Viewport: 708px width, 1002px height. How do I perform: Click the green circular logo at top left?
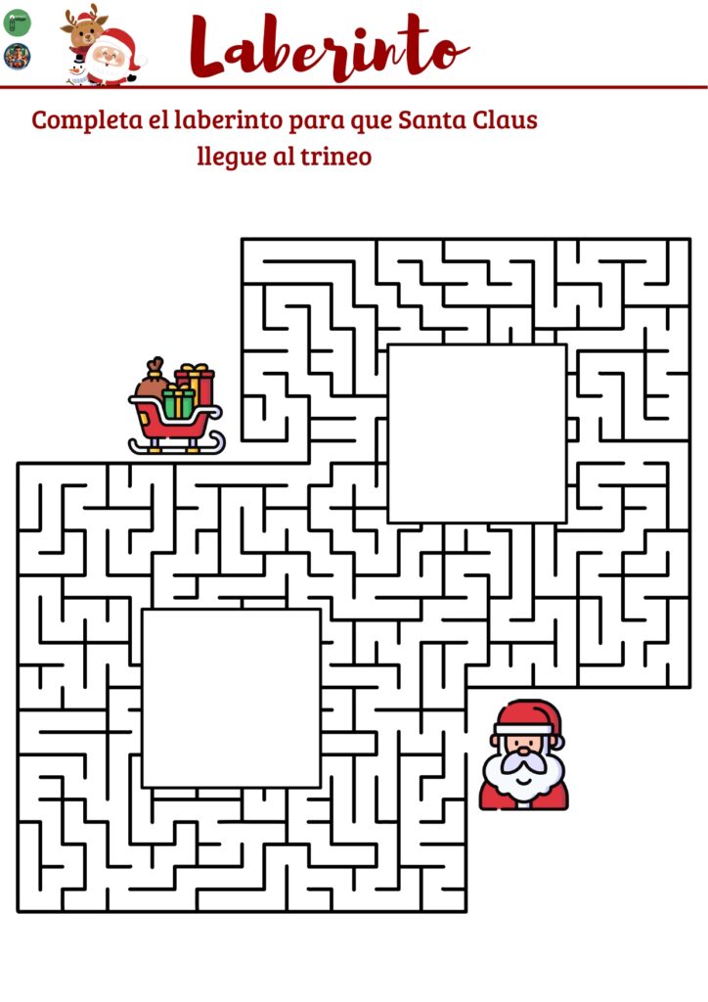pyautogui.click(x=18, y=22)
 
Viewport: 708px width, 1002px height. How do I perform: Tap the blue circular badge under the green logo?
pyautogui.click(x=18, y=56)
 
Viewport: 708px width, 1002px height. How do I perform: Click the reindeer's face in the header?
pyautogui.click(x=83, y=26)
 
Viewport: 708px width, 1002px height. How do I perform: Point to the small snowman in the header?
pyautogui.click(x=77, y=69)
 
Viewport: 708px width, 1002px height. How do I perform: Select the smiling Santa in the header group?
pyautogui.click(x=113, y=58)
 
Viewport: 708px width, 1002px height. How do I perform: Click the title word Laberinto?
pyautogui.click(x=330, y=48)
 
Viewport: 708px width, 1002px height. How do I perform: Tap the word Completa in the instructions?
pyautogui.click(x=87, y=120)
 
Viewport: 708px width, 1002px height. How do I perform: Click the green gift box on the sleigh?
pyautogui.click(x=178, y=402)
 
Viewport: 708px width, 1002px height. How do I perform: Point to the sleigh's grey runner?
pyautogui.click(x=177, y=445)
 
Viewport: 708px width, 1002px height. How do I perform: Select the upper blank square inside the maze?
pyautogui.click(x=477, y=433)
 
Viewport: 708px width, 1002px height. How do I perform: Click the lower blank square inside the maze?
pyautogui.click(x=231, y=699)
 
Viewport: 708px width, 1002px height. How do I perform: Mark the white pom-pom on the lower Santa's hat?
pyautogui.click(x=558, y=742)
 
